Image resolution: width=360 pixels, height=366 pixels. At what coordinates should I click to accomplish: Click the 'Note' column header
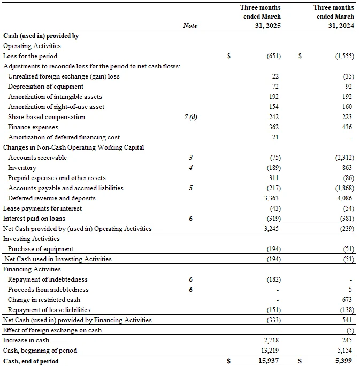[190, 25]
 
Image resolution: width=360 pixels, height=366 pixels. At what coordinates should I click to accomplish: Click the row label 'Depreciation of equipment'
[46, 87]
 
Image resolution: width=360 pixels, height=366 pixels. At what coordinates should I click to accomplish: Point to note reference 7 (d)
[190, 117]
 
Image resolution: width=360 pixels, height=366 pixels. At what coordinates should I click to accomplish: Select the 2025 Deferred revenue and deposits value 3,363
[273, 198]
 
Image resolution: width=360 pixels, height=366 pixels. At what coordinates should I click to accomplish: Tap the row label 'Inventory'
[22, 168]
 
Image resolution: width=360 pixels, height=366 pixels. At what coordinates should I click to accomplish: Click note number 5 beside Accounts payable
[190, 188]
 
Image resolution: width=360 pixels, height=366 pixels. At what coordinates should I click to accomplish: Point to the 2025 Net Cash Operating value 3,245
[273, 229]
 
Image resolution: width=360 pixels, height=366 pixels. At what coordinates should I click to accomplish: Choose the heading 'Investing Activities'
[32, 239]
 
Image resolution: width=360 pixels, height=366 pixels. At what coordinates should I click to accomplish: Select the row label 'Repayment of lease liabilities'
[49, 310]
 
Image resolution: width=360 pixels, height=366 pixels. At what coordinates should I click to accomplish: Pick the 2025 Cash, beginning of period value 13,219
[271, 351]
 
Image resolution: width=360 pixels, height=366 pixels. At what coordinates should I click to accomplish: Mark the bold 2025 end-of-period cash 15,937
[271, 361]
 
